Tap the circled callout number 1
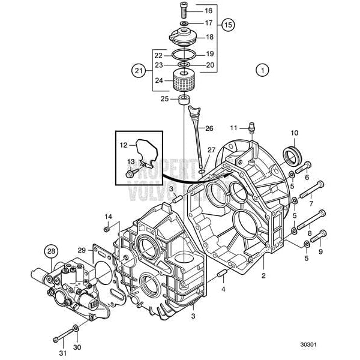click(261, 70)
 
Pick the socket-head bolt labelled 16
click(182, 10)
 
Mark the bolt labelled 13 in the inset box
click(131, 173)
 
